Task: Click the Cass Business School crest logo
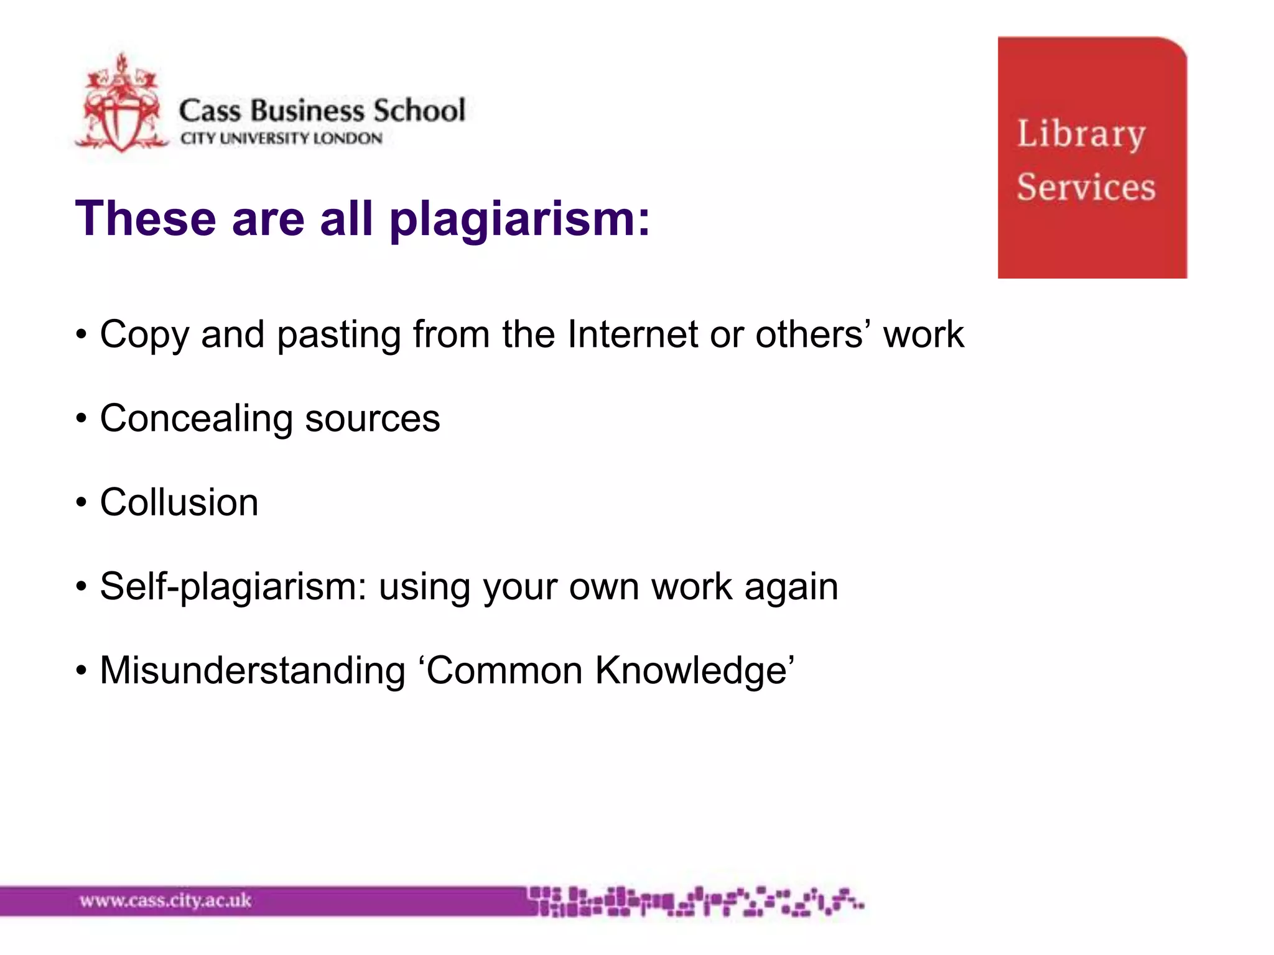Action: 122,104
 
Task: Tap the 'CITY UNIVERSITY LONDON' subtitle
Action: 281,138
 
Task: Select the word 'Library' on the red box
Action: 1081,134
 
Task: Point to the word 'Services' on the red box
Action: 1086,187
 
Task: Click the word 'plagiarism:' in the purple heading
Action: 519,219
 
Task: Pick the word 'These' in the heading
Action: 146,219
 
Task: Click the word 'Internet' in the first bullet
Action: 633,334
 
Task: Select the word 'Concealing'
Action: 197,419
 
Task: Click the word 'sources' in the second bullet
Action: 373,419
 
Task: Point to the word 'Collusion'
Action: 179,502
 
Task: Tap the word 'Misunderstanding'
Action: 253,670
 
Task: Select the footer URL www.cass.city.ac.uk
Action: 165,900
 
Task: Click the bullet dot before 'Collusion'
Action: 81,502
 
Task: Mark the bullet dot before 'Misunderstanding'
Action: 81,671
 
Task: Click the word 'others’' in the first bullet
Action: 813,334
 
